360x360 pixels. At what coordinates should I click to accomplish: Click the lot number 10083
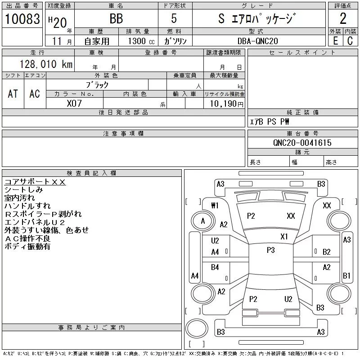22,18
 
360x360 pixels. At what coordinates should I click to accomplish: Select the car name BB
116,18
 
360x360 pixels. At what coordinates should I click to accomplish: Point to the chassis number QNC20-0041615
302,143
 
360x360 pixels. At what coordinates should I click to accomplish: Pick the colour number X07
74,103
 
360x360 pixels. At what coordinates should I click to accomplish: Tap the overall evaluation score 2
343,18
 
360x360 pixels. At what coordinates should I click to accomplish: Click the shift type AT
13,94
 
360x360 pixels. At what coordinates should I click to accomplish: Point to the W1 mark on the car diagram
215,206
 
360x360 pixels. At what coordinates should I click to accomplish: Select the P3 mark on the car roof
270,250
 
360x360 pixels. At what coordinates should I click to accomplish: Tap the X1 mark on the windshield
284,236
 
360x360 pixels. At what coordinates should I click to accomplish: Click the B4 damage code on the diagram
215,267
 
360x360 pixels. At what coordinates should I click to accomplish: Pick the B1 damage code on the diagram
346,275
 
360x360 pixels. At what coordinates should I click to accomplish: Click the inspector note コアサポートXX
35,182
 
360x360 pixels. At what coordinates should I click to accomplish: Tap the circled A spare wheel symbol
203,221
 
